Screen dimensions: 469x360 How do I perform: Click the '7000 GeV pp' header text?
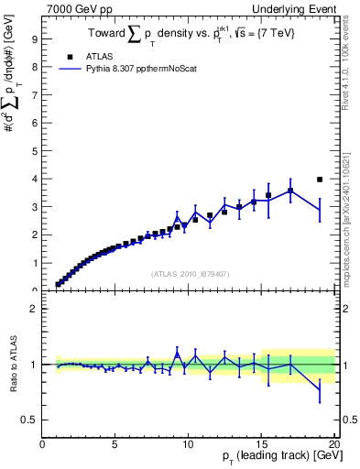[77, 8]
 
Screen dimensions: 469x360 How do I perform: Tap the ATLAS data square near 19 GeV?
[320, 180]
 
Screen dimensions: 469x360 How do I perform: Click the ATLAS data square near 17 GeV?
[290, 191]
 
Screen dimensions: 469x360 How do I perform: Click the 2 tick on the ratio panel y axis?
[32, 309]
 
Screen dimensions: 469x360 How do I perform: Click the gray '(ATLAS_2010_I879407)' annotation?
[189, 273]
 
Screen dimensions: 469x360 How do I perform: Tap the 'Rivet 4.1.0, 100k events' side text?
[345, 64]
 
